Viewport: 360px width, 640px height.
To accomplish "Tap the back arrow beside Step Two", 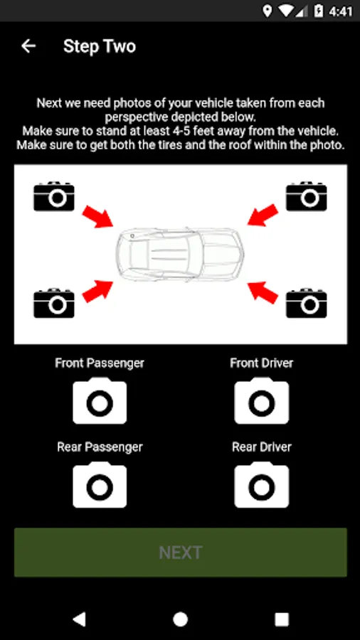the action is click(28, 46).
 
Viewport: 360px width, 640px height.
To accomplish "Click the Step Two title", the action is click(100, 46).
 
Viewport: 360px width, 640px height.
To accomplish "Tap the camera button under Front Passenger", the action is click(100, 401).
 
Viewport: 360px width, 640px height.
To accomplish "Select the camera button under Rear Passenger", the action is click(100, 485).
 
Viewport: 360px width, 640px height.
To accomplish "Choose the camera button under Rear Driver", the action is click(262, 485).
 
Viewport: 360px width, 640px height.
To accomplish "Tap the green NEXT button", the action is click(181, 553).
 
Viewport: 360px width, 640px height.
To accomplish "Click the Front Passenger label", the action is click(100, 363).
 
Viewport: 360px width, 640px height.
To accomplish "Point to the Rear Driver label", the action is click(262, 447).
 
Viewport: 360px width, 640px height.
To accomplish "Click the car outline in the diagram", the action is click(180, 255).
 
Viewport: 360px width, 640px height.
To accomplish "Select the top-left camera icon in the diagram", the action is click(54, 197).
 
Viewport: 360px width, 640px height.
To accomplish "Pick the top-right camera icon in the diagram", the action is click(307, 197).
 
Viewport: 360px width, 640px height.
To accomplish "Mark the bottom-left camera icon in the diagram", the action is click(54, 303).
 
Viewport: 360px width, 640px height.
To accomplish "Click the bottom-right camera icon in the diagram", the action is click(307, 303).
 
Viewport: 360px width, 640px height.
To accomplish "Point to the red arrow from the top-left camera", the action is click(98, 216).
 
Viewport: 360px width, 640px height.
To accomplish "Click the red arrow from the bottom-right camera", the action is click(263, 292).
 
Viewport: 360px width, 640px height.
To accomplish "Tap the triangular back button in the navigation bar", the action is click(79, 619).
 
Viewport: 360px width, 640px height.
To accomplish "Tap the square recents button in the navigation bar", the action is click(282, 619).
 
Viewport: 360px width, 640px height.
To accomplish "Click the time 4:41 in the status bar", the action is click(340, 11).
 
